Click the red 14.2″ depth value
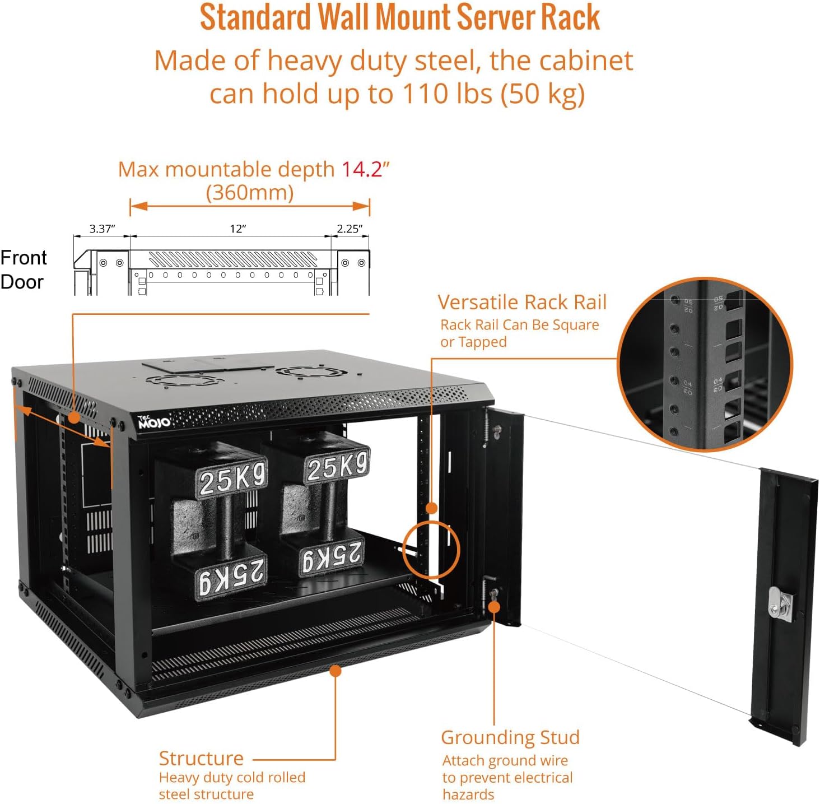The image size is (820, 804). coord(365,169)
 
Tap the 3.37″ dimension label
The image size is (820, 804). coord(102,229)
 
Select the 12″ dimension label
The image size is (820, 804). coord(237,229)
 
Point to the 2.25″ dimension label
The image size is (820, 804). coord(350,229)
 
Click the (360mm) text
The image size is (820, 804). coord(250,192)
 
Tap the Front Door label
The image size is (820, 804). coord(24,269)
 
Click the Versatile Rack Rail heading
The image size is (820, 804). coord(522,302)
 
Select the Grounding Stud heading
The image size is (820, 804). coord(510,737)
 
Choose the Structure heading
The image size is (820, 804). coord(201,758)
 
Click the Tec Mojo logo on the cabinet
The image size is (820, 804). coord(153,422)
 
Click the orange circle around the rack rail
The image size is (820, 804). coord(431,549)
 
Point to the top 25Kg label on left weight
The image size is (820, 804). coord(232,478)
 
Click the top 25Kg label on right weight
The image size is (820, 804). coord(337,465)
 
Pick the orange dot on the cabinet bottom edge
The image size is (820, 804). coord(336,671)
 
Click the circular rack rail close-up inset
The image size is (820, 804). coord(705,364)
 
